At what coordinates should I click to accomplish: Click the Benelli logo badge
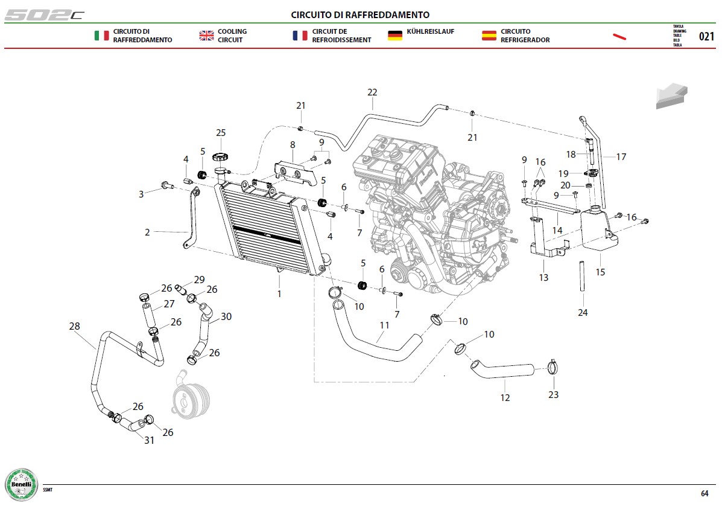(21, 485)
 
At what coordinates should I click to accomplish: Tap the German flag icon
(394, 36)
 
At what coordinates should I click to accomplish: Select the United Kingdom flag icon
(206, 36)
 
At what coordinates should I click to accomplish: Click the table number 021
(706, 36)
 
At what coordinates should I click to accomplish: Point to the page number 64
(705, 493)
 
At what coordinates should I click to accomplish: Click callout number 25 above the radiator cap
(221, 133)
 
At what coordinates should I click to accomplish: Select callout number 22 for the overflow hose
(372, 92)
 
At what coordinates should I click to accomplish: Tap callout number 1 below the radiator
(279, 293)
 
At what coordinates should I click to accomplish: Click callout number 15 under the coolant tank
(600, 272)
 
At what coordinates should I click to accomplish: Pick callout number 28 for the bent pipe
(75, 327)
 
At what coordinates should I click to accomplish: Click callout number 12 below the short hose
(505, 397)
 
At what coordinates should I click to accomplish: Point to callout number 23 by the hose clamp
(554, 395)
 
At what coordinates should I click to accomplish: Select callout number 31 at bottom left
(149, 440)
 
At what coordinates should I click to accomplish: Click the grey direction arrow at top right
(672, 96)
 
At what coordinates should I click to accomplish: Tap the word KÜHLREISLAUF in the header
(431, 31)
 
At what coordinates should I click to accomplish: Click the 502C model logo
(44, 15)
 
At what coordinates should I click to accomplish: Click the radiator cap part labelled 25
(221, 157)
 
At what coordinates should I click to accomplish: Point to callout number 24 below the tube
(583, 313)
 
